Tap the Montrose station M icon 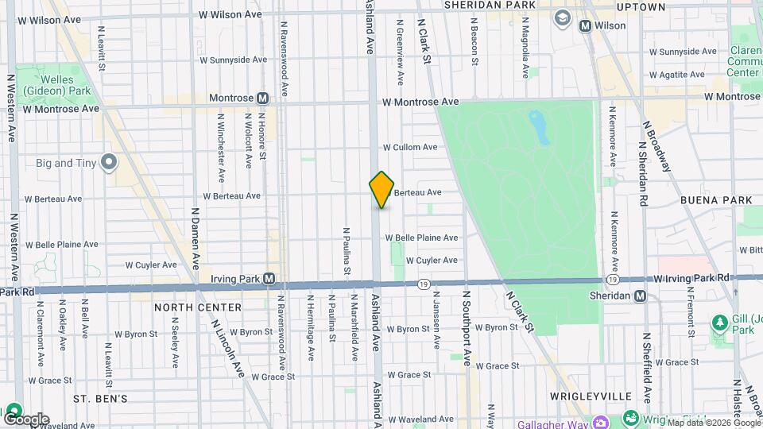tap(262, 98)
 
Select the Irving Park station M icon tap(269, 279)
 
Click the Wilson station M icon tap(585, 25)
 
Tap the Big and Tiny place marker tap(109, 164)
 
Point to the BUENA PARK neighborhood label tap(711, 202)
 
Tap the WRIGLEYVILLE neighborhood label tap(590, 396)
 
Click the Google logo tap(25, 419)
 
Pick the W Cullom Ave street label tap(409, 147)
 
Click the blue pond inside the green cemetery tap(540, 127)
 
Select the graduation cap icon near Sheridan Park tap(563, 17)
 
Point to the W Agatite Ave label tap(676, 75)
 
